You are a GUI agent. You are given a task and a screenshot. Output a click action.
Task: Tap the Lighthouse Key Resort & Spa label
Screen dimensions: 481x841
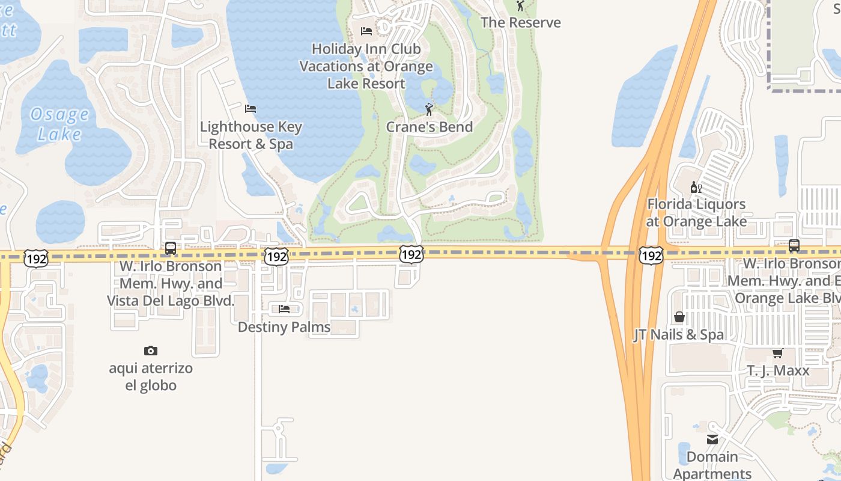click(x=250, y=135)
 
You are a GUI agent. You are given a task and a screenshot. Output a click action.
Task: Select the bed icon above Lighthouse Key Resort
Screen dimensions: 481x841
click(x=250, y=109)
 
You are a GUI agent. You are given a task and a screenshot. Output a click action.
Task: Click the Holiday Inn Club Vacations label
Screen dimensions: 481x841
click(x=366, y=66)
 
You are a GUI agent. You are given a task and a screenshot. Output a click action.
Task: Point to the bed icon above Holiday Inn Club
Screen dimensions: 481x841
click(x=366, y=31)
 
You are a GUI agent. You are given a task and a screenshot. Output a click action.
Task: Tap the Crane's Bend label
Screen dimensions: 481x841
click(x=429, y=127)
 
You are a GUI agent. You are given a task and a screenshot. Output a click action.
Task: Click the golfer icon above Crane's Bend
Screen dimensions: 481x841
click(x=429, y=109)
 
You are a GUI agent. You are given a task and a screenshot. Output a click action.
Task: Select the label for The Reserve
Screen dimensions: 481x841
click(x=520, y=23)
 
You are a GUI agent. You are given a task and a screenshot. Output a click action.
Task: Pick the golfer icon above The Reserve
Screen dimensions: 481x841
click(x=520, y=6)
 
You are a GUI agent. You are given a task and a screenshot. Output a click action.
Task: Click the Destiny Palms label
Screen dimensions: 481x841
click(x=284, y=327)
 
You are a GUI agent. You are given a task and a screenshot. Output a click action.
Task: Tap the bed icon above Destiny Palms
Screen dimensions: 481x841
click(x=284, y=309)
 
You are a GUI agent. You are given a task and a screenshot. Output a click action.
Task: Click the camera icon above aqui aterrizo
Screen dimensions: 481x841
click(x=151, y=351)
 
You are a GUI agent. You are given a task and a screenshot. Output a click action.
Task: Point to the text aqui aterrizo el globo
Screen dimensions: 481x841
click(x=151, y=376)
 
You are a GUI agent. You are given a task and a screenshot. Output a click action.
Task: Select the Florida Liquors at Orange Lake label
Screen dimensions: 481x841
click(x=696, y=213)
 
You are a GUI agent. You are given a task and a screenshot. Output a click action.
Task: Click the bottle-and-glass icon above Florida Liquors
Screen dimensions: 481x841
click(x=696, y=187)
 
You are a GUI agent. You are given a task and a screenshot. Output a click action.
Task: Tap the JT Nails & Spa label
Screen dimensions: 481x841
click(x=679, y=335)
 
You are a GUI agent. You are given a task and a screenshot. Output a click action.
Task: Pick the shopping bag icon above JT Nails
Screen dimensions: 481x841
click(x=679, y=317)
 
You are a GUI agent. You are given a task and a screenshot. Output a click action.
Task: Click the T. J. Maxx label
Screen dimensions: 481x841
click(x=778, y=370)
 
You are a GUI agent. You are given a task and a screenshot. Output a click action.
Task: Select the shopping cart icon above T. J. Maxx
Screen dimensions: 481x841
click(x=778, y=353)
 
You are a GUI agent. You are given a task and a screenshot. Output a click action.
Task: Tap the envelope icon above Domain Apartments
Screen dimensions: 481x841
click(x=712, y=440)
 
